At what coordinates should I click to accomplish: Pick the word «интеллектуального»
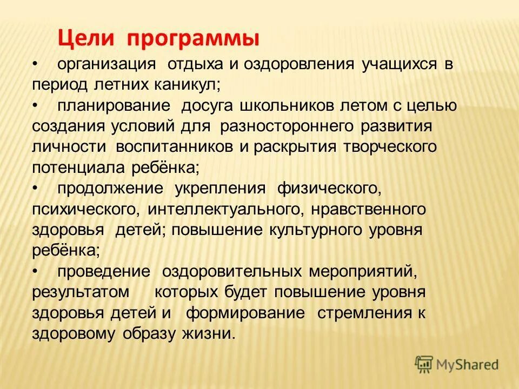(x=223, y=209)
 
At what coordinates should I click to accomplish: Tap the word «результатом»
(x=81, y=292)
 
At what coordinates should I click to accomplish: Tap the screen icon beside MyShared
(x=424, y=364)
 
